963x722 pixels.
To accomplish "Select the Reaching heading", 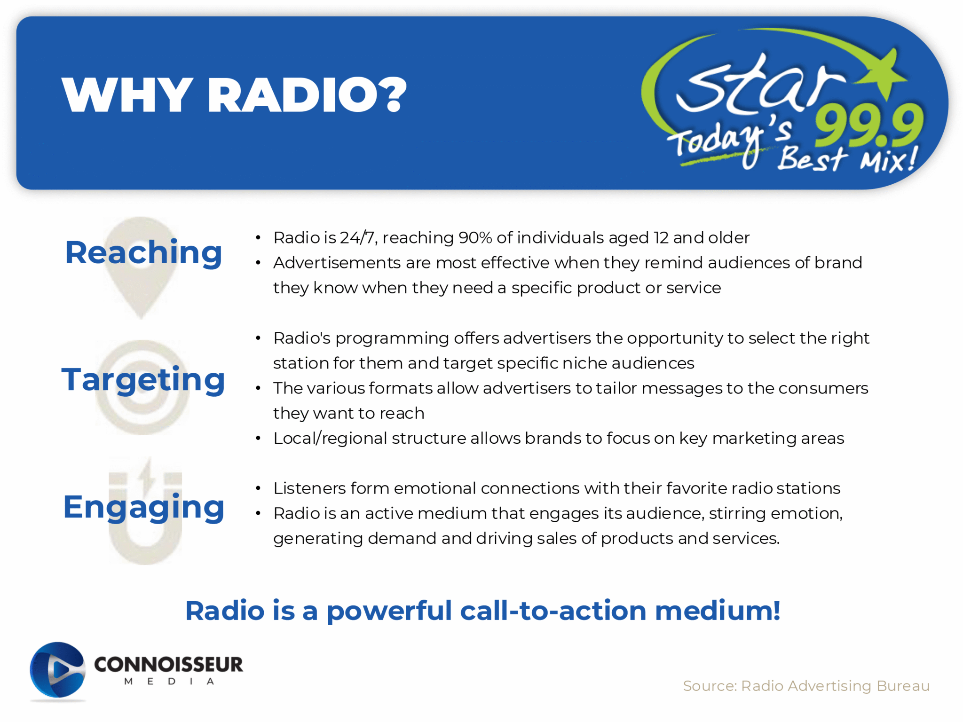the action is [x=143, y=252].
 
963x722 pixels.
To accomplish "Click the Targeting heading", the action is [x=143, y=380].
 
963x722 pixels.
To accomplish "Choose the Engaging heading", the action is [x=143, y=507].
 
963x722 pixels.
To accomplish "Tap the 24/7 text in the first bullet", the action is [x=357, y=238].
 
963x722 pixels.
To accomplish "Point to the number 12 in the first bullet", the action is [x=661, y=238].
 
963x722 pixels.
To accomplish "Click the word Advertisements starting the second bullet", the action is [x=337, y=263].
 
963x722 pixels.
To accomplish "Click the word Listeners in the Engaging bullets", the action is [x=309, y=488].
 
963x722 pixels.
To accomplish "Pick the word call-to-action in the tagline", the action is [x=553, y=611].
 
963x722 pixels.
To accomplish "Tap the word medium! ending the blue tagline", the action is [x=718, y=611].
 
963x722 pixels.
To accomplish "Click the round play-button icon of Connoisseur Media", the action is [x=57, y=670].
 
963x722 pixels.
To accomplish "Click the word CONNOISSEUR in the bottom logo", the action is [x=169, y=664].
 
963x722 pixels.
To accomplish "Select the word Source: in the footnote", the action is [x=710, y=686].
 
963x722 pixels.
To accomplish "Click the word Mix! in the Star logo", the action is [x=889, y=160].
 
